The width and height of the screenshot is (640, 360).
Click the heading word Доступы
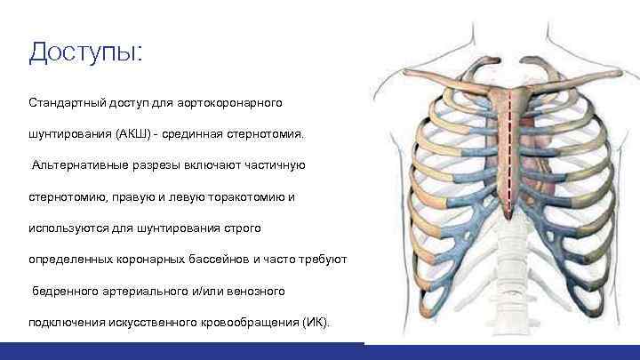click(84, 53)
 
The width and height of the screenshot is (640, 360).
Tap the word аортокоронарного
click(232, 102)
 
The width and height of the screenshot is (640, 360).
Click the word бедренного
click(67, 290)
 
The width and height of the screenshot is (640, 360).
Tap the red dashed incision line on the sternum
click(509, 151)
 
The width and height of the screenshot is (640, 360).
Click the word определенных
click(70, 259)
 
